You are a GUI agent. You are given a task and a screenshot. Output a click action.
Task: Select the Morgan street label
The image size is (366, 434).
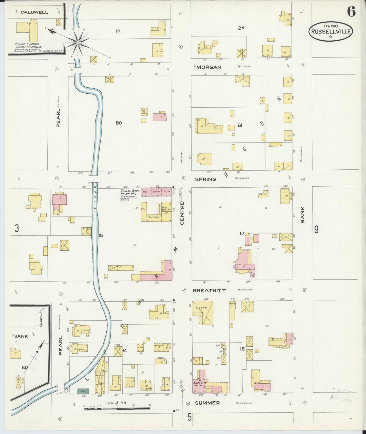(x=209, y=67)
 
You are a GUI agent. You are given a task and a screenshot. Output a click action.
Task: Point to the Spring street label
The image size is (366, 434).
(x=205, y=179)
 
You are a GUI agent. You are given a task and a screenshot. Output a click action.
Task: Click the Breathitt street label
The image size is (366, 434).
(x=209, y=290)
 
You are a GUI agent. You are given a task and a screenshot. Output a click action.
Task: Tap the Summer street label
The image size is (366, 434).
(x=207, y=403)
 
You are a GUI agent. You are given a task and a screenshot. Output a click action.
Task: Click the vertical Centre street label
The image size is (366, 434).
(x=182, y=213)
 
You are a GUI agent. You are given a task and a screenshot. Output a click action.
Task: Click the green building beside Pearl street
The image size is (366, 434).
(x=83, y=391)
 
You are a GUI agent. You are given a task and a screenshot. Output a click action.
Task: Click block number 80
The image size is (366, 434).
(x=119, y=123)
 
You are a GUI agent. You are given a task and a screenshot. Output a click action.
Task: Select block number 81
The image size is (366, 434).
(x=240, y=125)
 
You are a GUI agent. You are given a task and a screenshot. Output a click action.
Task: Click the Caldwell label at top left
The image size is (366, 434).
(x=34, y=12)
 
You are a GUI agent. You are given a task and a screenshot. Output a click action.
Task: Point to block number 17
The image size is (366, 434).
(x=242, y=233)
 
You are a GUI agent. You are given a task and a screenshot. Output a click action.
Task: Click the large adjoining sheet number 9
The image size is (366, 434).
(x=316, y=229)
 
